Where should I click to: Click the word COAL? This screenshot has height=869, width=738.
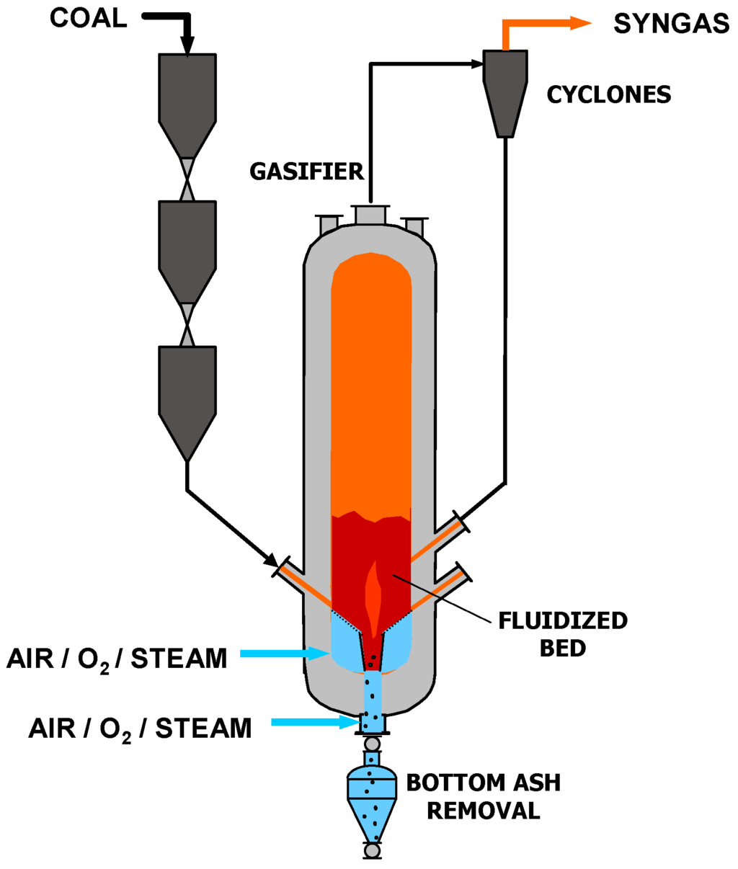pyautogui.click(x=88, y=17)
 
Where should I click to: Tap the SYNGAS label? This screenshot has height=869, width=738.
pyautogui.click(x=671, y=24)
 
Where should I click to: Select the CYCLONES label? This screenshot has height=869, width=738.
pyautogui.click(x=608, y=94)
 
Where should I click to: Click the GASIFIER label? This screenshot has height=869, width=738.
pyautogui.click(x=307, y=171)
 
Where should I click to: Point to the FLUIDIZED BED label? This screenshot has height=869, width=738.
pyautogui.click(x=563, y=634)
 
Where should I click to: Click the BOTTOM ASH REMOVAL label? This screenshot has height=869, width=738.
pyautogui.click(x=483, y=796)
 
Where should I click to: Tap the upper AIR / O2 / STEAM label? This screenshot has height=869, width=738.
pyautogui.click(x=117, y=658)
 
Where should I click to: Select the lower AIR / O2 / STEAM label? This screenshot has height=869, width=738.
pyautogui.click(x=140, y=728)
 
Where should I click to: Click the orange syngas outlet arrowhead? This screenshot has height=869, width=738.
pyautogui.click(x=581, y=23)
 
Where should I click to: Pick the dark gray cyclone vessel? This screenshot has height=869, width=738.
pyautogui.click(x=505, y=90)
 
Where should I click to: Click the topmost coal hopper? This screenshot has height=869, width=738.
pyautogui.click(x=187, y=101)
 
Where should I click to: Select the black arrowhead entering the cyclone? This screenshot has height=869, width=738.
pyautogui.click(x=476, y=64)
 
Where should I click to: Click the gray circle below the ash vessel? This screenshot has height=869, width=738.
pyautogui.click(x=372, y=851)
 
